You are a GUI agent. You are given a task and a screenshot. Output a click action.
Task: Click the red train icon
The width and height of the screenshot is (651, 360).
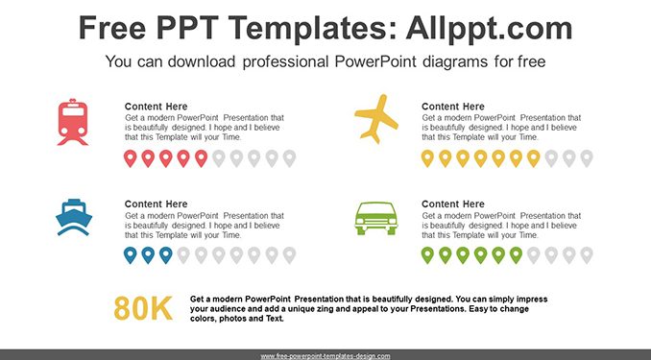(x=73, y=122)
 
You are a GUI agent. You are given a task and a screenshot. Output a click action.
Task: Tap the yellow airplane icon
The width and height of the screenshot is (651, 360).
(x=376, y=119)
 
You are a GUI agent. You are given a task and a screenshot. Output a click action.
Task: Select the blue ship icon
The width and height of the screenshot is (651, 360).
(x=74, y=218)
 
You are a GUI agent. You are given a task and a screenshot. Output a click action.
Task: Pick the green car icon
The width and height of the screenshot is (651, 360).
(x=376, y=219)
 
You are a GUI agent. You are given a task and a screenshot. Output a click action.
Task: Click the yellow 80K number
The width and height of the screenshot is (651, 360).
(x=143, y=308)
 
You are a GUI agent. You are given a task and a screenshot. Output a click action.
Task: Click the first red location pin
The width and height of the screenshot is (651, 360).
(x=131, y=158)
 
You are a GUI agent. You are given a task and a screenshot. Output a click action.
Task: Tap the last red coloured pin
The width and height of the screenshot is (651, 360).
(x=201, y=158)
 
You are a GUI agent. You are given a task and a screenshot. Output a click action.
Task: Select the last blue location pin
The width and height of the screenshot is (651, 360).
(x=166, y=255)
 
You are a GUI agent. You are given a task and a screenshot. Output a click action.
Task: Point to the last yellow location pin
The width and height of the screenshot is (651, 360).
(x=534, y=158)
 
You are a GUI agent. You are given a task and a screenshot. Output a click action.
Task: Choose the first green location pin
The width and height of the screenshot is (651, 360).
(x=427, y=255)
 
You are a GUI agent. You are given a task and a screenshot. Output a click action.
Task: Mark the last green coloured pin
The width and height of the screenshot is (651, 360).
(x=516, y=255)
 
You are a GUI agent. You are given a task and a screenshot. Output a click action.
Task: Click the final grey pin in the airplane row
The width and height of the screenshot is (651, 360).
(x=587, y=158)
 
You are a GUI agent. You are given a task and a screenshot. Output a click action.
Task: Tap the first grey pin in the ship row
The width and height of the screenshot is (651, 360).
(x=183, y=255)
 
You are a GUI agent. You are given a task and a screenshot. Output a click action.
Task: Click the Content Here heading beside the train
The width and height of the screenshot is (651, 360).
(x=157, y=107)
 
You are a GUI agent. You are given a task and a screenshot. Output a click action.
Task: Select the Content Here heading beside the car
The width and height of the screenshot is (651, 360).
(x=453, y=204)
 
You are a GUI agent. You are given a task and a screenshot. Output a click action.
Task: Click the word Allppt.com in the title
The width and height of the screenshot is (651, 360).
(x=489, y=28)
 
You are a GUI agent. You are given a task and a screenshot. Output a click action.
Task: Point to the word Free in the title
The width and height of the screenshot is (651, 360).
(x=112, y=28)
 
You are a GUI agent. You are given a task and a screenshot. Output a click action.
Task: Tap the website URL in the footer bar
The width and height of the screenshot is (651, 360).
(x=325, y=356)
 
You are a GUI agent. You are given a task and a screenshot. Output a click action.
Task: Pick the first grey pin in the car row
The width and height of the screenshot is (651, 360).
(x=534, y=255)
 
